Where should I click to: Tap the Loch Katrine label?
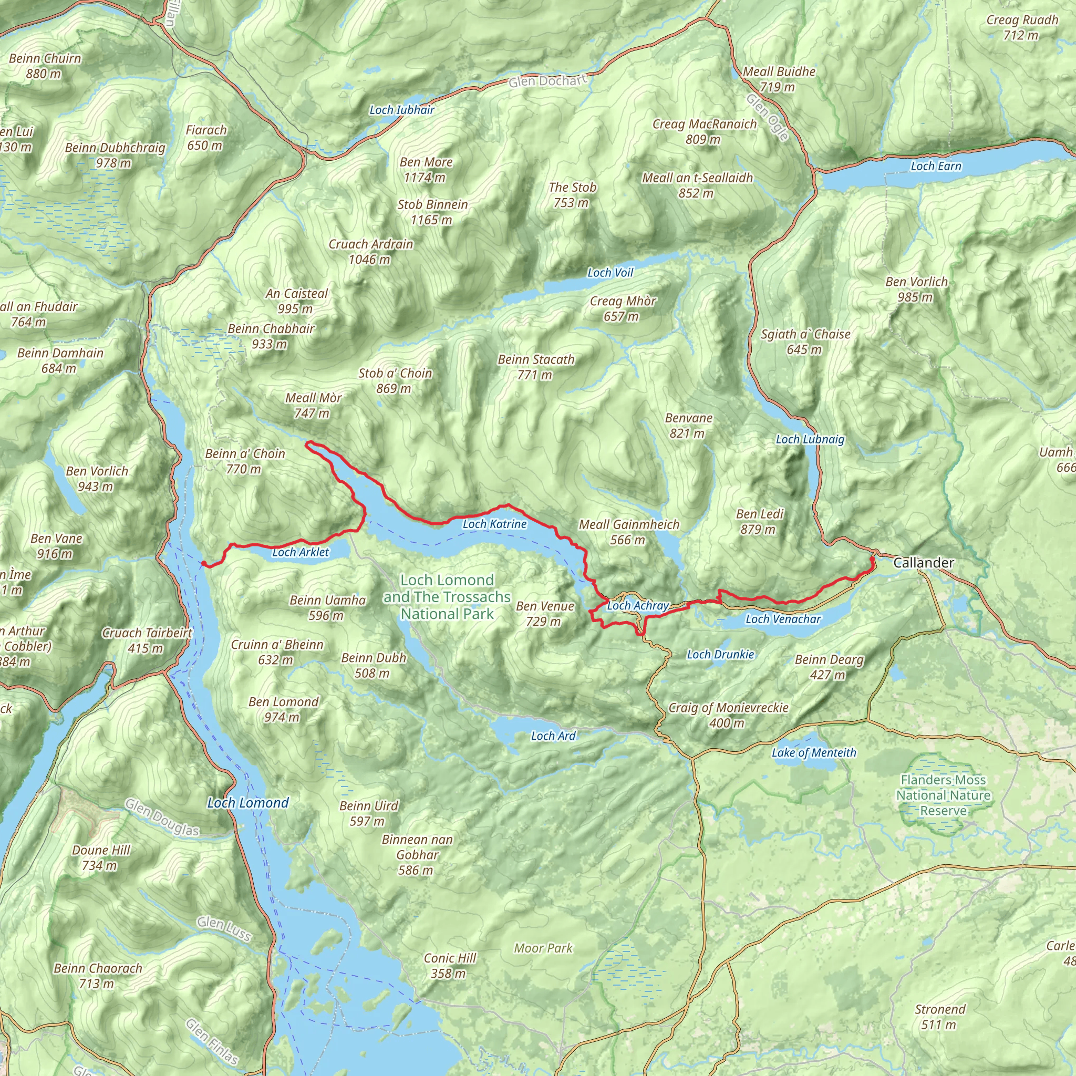click(x=494, y=524)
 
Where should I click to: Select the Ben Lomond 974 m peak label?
click(x=284, y=709)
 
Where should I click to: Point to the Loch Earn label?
click(x=936, y=166)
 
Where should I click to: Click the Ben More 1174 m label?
click(x=426, y=169)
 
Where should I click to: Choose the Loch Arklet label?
click(x=301, y=552)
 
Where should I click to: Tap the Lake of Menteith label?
click(x=814, y=753)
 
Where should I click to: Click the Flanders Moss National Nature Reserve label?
click(x=944, y=795)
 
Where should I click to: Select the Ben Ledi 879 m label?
click(x=760, y=521)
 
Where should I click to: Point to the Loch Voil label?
click(x=611, y=272)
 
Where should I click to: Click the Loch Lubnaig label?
click(x=810, y=439)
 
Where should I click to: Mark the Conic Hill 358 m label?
click(x=450, y=965)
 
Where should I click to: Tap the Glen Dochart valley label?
click(x=548, y=81)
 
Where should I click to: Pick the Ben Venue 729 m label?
click(x=545, y=613)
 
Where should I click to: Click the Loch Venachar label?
click(x=783, y=619)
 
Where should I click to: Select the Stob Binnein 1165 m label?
click(x=433, y=212)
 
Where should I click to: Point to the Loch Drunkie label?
click(x=720, y=655)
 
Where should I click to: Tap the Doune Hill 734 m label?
click(x=101, y=857)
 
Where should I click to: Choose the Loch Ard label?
click(x=553, y=736)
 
